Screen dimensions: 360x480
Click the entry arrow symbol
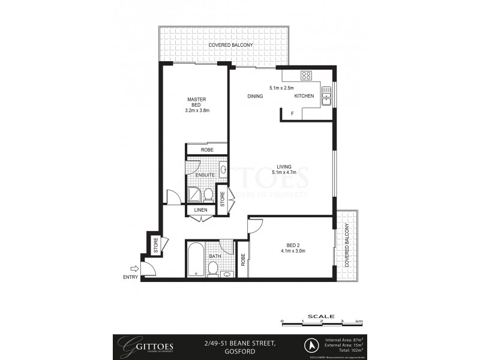pyautogui.click(x=134, y=269)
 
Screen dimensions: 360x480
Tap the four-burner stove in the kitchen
pyautogui.click(x=306, y=76)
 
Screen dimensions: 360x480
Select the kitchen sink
pyautogui.click(x=326, y=96)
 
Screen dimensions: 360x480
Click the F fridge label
pyautogui.click(x=292, y=114)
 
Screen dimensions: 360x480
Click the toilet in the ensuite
pyautogui.click(x=208, y=194)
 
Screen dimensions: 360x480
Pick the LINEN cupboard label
pyautogui.click(x=201, y=210)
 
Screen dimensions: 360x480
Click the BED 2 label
pyautogui.click(x=292, y=245)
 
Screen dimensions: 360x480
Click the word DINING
pyautogui.click(x=256, y=96)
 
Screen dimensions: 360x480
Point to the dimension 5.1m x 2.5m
pyautogui.click(x=281, y=88)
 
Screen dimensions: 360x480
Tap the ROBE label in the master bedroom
pyautogui.click(x=206, y=149)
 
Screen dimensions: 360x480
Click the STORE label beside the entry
pyautogui.click(x=155, y=245)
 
